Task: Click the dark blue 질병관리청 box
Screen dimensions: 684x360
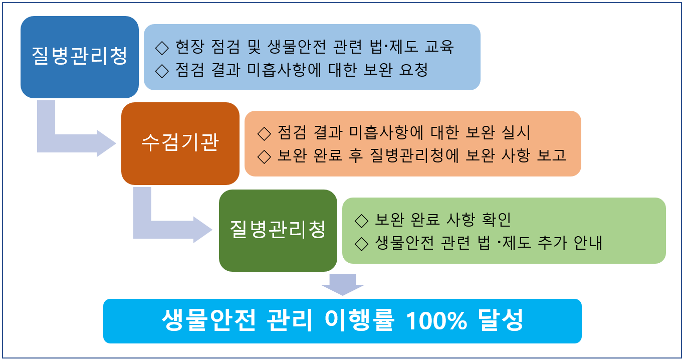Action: point(79,57)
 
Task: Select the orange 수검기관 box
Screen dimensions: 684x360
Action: point(180,143)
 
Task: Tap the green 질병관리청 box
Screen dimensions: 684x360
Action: point(278,231)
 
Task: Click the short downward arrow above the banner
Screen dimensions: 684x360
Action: point(343,284)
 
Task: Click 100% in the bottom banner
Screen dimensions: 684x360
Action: point(436,320)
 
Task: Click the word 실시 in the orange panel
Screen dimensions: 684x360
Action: point(516,133)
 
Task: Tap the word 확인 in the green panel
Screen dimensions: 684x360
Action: point(496,220)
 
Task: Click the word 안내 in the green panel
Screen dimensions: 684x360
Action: point(588,243)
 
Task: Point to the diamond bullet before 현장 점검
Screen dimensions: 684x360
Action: point(162,48)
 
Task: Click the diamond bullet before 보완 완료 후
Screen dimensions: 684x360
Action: point(264,157)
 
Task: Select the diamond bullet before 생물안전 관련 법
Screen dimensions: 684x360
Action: point(362,244)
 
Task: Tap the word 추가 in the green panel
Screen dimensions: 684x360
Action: point(552,243)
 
